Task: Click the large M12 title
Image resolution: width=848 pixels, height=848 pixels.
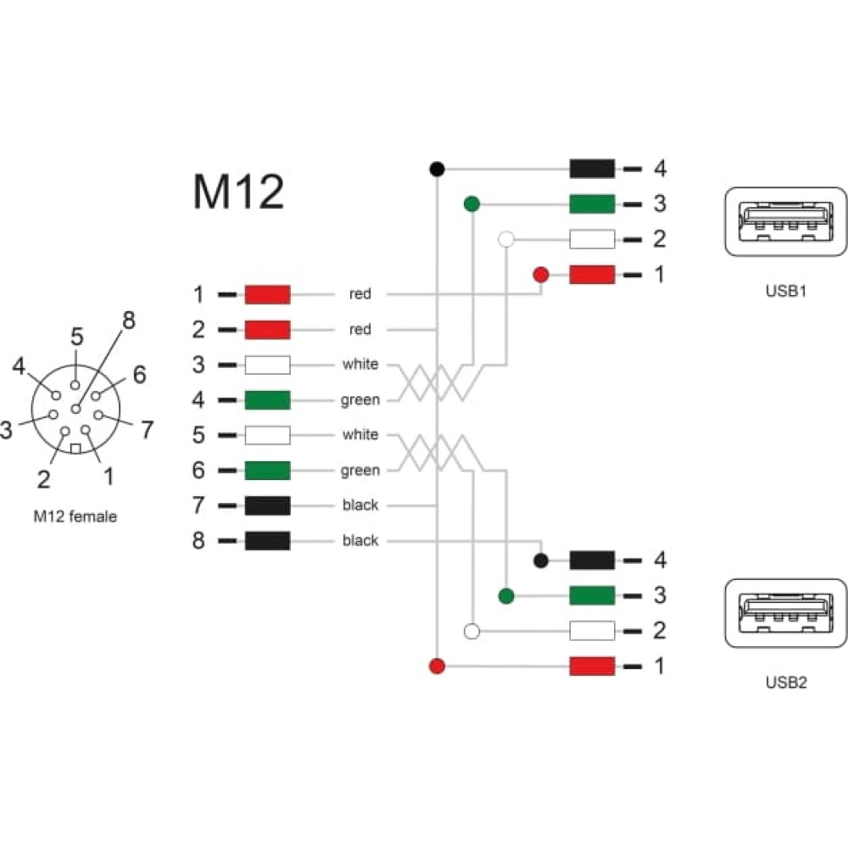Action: pos(238,192)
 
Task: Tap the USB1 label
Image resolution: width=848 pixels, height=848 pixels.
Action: pos(786,291)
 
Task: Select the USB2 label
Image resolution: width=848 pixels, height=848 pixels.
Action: pos(786,683)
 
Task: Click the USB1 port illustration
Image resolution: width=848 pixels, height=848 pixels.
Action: pos(786,221)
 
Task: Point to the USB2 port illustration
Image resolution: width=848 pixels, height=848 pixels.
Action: pos(786,613)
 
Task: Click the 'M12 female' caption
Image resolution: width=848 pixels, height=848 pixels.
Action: pos(75,516)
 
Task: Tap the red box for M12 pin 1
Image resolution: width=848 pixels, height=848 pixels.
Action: pos(268,295)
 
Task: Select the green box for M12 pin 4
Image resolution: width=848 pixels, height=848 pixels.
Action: pos(268,400)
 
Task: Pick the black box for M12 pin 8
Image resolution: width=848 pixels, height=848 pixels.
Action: pos(268,541)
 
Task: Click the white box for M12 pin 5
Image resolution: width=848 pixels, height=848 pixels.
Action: pos(268,435)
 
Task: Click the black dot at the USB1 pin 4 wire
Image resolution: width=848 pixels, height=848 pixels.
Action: pos(437,170)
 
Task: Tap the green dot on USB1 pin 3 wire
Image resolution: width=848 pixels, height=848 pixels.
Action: pos(472,204)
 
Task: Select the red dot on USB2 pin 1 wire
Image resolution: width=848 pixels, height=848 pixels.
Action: pos(437,667)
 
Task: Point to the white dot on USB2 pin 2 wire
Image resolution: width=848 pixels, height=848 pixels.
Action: pos(472,631)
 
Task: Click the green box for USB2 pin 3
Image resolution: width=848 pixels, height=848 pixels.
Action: pos(592,596)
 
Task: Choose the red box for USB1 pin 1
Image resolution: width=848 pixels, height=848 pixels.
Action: pos(592,275)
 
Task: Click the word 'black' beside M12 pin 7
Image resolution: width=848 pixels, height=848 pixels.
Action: pos(360,505)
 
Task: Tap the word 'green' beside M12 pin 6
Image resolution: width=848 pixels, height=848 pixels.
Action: pos(360,471)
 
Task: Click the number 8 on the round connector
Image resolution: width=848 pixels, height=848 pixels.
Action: pos(129,321)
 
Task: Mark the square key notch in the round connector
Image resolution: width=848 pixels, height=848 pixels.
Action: pos(75,449)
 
